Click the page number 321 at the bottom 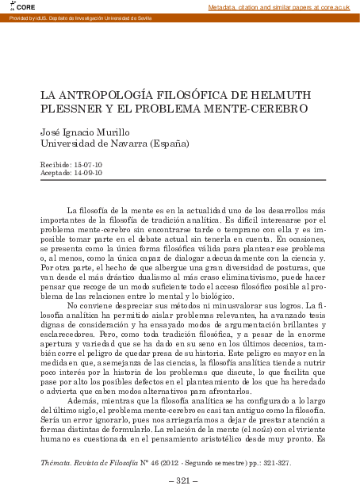tap(180, 481)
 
